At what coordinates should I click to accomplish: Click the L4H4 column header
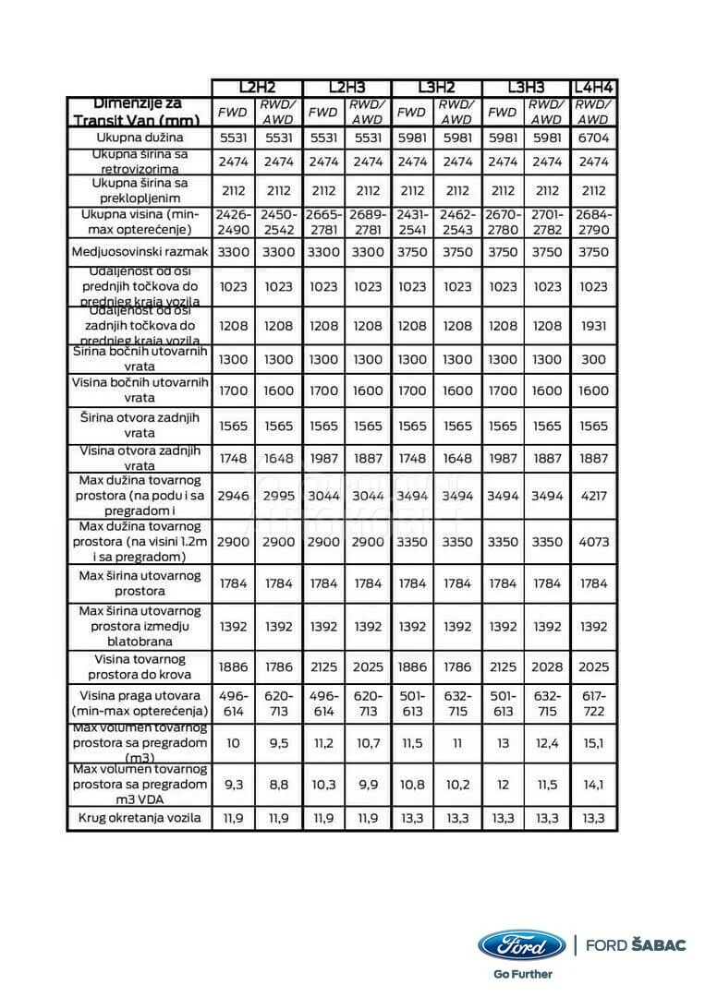(593, 88)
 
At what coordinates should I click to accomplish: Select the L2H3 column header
(347, 88)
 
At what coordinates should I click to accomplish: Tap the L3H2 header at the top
(435, 88)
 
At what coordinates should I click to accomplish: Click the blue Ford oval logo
(521, 945)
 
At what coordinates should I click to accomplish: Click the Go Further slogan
(522, 973)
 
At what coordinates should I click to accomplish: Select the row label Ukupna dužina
(140, 138)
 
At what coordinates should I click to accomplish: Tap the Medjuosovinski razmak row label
(140, 251)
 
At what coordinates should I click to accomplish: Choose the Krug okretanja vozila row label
(140, 818)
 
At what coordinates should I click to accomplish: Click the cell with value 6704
(593, 138)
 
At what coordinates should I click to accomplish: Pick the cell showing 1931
(593, 326)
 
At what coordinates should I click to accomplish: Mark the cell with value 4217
(593, 496)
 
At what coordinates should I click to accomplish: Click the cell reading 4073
(593, 542)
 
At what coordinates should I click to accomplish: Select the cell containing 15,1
(593, 743)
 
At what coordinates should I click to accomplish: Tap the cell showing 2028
(547, 667)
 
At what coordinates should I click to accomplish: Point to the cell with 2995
(278, 496)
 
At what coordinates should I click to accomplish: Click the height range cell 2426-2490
(233, 222)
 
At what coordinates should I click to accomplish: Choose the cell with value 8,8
(278, 785)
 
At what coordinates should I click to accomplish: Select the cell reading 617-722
(593, 703)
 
